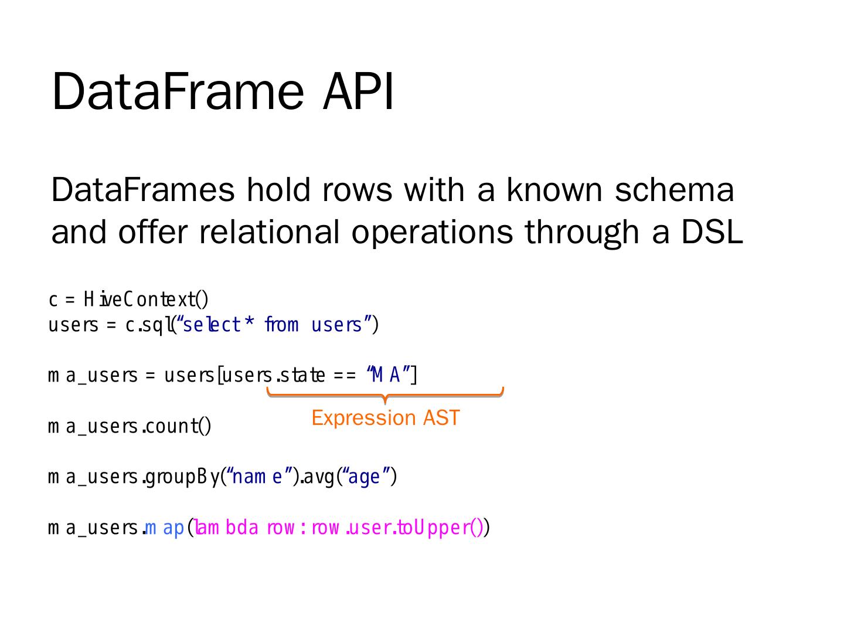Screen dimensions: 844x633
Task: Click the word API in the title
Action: click(358, 91)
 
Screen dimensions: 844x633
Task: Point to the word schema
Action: click(674, 190)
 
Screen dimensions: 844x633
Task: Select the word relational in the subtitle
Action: click(270, 232)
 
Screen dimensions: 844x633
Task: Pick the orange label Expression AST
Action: click(385, 418)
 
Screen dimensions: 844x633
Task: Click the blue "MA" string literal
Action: click(387, 375)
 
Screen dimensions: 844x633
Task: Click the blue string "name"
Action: click(258, 477)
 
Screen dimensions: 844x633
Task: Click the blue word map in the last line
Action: click(165, 528)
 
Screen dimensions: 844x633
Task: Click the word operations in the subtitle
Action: click(431, 232)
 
